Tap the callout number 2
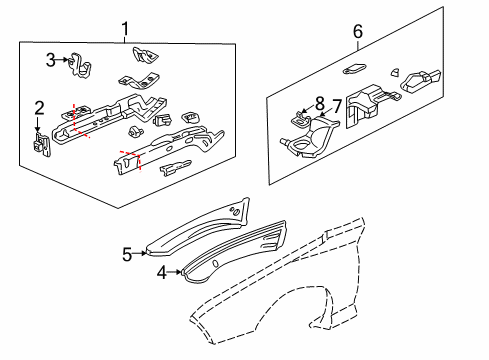click(x=39, y=108)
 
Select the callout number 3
click(x=50, y=61)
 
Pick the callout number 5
click(x=127, y=254)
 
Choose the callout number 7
click(x=337, y=106)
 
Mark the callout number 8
click(x=319, y=102)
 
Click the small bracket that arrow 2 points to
click(x=41, y=146)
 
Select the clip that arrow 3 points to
click(x=80, y=66)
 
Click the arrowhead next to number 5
click(x=145, y=254)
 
